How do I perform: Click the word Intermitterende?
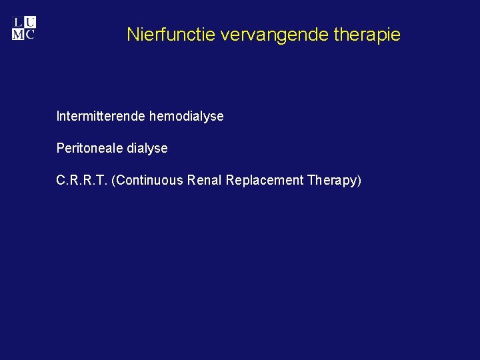(x=101, y=117)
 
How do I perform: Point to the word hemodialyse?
(x=187, y=117)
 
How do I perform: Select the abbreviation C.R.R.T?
(x=82, y=181)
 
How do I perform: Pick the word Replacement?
(x=265, y=181)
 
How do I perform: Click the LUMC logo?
(x=24, y=28)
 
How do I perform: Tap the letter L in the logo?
(x=18, y=22)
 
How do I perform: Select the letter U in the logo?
(x=31, y=22)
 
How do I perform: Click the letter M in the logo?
(x=18, y=34)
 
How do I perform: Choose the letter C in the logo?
(x=30, y=34)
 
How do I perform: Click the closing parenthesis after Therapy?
(x=359, y=181)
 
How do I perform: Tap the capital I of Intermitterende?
(x=58, y=117)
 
